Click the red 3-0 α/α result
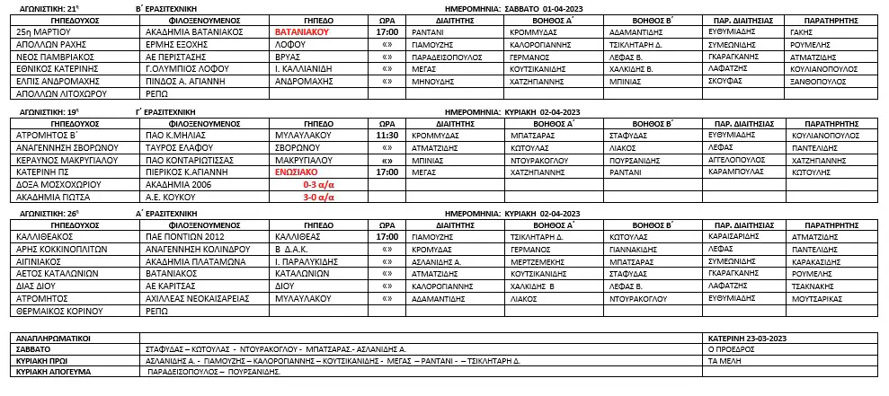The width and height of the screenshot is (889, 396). (x=318, y=196)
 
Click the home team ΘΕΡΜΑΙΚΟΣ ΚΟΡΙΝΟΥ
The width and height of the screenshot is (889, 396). (x=58, y=311)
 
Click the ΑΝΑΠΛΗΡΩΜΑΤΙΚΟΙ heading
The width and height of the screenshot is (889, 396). (x=56, y=338)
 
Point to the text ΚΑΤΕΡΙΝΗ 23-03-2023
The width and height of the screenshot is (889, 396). (x=746, y=338)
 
